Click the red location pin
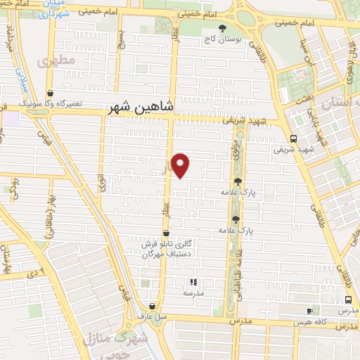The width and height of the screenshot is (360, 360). pos(181,165)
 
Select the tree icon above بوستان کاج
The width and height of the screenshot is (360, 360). pos(223,29)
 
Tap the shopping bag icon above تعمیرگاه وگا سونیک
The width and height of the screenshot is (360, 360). pos(50,93)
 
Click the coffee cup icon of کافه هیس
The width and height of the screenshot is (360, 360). pos(309,311)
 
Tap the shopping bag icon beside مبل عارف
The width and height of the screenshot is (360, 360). pos(152,306)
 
